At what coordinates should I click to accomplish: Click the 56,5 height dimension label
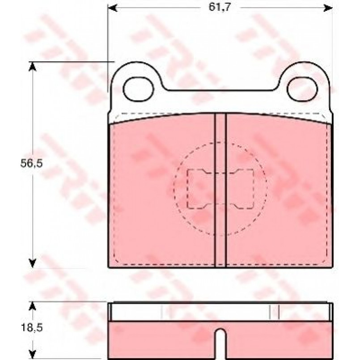pos(32,164)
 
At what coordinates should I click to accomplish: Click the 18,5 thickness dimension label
pos(32,328)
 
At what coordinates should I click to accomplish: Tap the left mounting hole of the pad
pos(138,89)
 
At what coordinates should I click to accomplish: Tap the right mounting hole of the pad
pos(302,89)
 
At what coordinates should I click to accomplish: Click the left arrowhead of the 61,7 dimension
pos(113,8)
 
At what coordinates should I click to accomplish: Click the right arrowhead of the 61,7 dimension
pos(328,8)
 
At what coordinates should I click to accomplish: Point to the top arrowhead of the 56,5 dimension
pos(33,67)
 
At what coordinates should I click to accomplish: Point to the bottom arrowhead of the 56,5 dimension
pos(33,263)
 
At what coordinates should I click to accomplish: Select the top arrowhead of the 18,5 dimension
pos(33,306)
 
